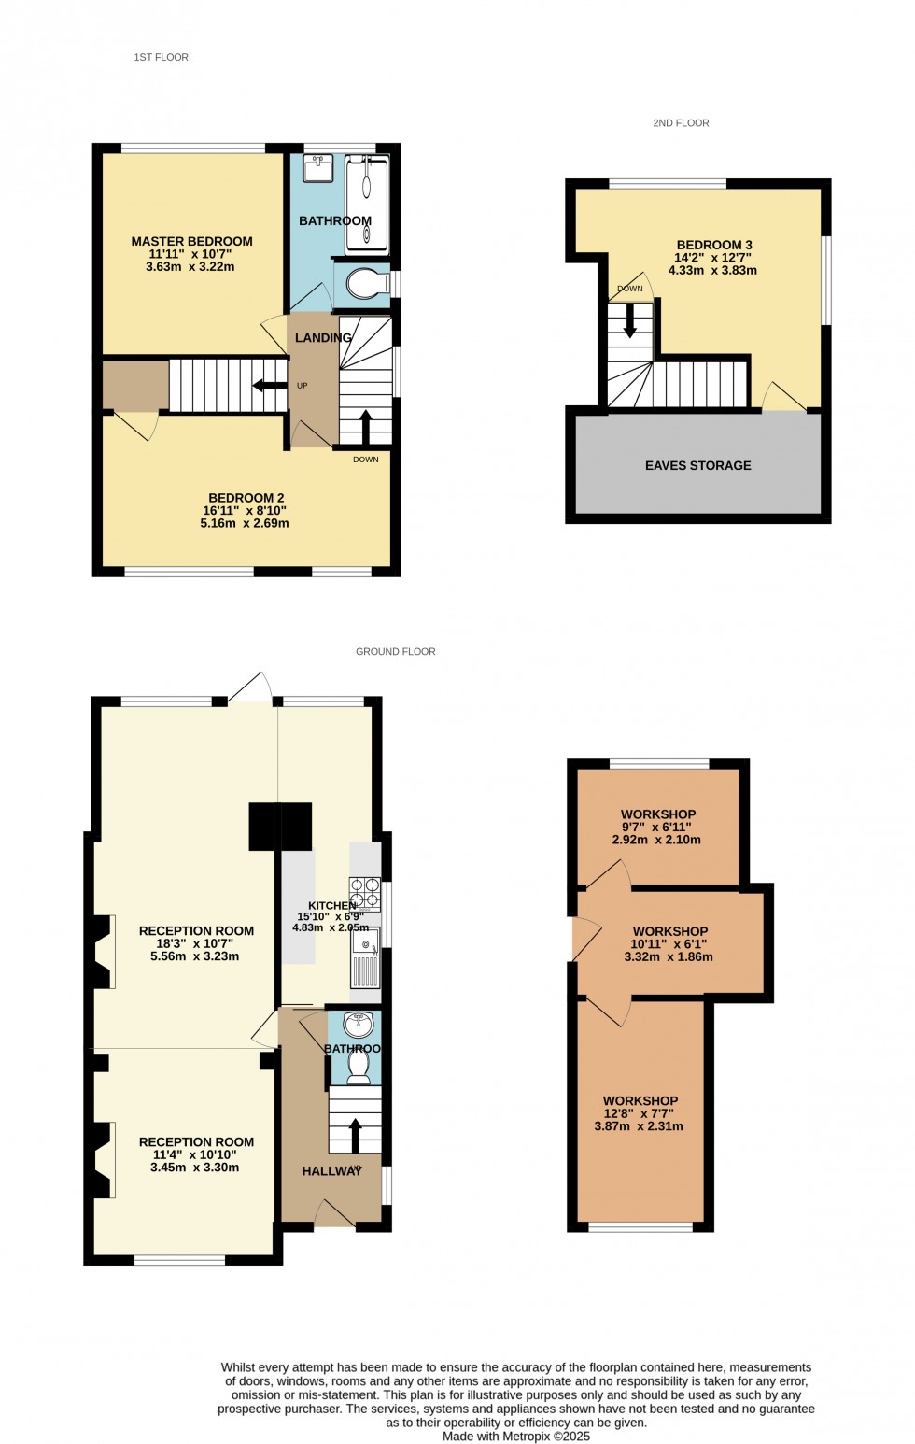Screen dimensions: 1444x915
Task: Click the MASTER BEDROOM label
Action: point(191,241)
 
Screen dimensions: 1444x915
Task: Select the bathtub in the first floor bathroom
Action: point(367,204)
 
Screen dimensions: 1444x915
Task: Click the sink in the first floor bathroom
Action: point(318,169)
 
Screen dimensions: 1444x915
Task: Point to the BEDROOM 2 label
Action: point(246,498)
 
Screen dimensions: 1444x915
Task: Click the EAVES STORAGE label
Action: point(697,465)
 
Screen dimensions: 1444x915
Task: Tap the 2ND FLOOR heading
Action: point(681,122)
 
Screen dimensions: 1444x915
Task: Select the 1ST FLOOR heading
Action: point(161,57)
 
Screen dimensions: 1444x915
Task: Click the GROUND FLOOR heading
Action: point(395,651)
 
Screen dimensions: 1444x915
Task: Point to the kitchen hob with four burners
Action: point(365,893)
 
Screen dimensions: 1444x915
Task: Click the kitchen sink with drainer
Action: point(365,957)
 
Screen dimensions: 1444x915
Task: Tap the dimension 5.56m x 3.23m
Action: point(195,956)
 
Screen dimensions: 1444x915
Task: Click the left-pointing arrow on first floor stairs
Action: point(269,385)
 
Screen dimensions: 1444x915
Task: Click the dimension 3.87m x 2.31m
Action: point(639,1126)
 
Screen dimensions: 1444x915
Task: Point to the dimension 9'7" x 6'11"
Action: point(657,827)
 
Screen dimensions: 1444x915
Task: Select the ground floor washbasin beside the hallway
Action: point(358,1025)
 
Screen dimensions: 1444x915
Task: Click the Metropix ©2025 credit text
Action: point(516,1437)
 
